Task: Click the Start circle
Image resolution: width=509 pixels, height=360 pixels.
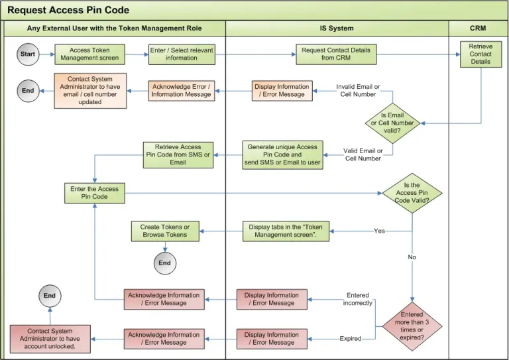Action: tap(28, 54)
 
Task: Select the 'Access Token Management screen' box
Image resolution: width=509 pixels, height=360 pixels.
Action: tap(89, 54)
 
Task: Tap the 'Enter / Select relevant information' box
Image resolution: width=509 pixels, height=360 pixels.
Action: tap(182, 54)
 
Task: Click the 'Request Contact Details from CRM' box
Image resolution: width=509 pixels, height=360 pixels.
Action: tap(336, 54)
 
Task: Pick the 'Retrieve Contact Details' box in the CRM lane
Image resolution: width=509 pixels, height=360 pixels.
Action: tap(481, 54)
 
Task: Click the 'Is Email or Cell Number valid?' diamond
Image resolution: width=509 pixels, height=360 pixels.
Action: tap(392, 123)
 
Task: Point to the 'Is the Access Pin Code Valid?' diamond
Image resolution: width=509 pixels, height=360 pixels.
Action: tap(412, 193)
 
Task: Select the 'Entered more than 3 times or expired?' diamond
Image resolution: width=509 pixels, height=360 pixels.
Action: tap(412, 326)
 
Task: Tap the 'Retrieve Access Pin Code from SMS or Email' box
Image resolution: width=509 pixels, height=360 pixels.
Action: tap(178, 154)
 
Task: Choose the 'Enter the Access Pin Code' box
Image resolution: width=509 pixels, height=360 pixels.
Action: tap(94, 193)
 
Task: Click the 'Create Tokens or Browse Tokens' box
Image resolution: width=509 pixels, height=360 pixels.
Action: tap(164, 231)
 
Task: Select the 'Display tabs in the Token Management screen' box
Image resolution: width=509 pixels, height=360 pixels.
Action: tap(286, 231)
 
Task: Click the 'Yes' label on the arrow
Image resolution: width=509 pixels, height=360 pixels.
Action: tap(379, 231)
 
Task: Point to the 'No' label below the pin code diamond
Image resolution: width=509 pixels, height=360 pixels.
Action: tap(412, 257)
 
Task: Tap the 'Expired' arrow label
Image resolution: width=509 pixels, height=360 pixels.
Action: tap(351, 339)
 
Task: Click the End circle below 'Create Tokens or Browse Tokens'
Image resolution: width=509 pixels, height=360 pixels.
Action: tap(164, 263)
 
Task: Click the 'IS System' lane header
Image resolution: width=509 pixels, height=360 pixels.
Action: tap(337, 29)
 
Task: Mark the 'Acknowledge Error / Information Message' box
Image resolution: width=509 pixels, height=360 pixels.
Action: tap(182, 91)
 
